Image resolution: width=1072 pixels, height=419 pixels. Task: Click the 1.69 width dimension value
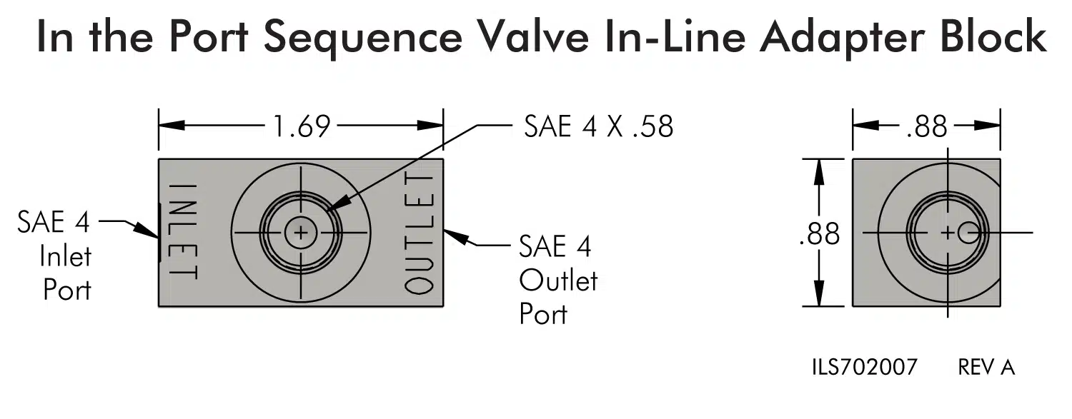302,126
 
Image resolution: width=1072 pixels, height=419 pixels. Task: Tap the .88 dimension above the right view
926,126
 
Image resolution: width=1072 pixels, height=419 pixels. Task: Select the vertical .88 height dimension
819,234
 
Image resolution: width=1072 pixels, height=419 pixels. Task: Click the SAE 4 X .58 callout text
599,126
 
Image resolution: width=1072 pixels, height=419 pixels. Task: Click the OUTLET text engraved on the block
420,233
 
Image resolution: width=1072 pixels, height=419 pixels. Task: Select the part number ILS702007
864,367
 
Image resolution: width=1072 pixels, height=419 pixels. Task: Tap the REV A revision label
986,367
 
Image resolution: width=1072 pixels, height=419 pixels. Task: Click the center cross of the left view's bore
301,233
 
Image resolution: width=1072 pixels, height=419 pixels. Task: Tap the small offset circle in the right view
968,233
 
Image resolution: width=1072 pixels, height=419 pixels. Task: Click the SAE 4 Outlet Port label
558,280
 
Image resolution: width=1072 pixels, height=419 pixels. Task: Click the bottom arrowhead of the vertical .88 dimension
819,293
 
